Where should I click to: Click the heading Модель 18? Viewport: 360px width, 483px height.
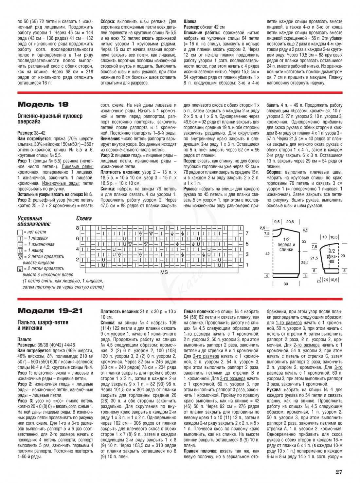click(43, 104)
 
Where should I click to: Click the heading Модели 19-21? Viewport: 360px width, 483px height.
click(50, 311)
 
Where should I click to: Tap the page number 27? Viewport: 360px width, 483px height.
click(338, 472)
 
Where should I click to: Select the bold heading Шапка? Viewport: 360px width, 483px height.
click(190, 21)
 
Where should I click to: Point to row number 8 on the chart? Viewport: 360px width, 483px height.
click(78, 228)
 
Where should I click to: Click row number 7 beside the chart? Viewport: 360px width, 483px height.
click(247, 233)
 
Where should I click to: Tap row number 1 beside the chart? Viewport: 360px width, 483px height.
click(247, 265)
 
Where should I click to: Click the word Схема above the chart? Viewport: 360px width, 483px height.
click(84, 218)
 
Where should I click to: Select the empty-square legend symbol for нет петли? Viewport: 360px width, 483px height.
click(20, 232)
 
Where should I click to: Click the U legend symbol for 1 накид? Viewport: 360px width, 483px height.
click(20, 251)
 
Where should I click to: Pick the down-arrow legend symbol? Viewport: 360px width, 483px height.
click(20, 269)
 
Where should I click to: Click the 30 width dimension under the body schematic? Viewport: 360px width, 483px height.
click(286, 284)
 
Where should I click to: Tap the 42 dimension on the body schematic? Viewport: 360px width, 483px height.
click(267, 254)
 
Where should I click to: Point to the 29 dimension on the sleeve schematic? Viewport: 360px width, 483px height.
click(343, 255)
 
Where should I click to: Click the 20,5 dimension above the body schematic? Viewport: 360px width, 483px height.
click(290, 222)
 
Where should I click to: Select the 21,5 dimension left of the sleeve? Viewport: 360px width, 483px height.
click(314, 258)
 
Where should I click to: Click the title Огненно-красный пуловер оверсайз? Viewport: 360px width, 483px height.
click(50, 119)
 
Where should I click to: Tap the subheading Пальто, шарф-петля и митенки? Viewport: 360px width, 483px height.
click(43, 325)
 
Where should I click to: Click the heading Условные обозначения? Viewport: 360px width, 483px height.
click(34, 221)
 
